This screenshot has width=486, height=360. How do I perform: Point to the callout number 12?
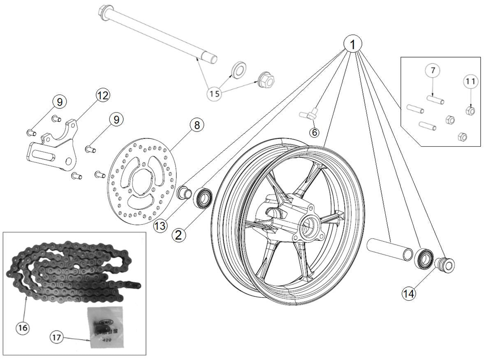coord(103,95)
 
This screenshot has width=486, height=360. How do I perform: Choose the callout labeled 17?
coord(57,338)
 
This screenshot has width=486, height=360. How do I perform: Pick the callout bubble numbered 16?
coord(23,328)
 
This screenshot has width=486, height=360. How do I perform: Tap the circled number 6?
coord(315,132)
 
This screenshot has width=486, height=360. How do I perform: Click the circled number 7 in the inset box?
coord(432,71)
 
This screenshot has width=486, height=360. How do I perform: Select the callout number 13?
coord(161,226)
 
